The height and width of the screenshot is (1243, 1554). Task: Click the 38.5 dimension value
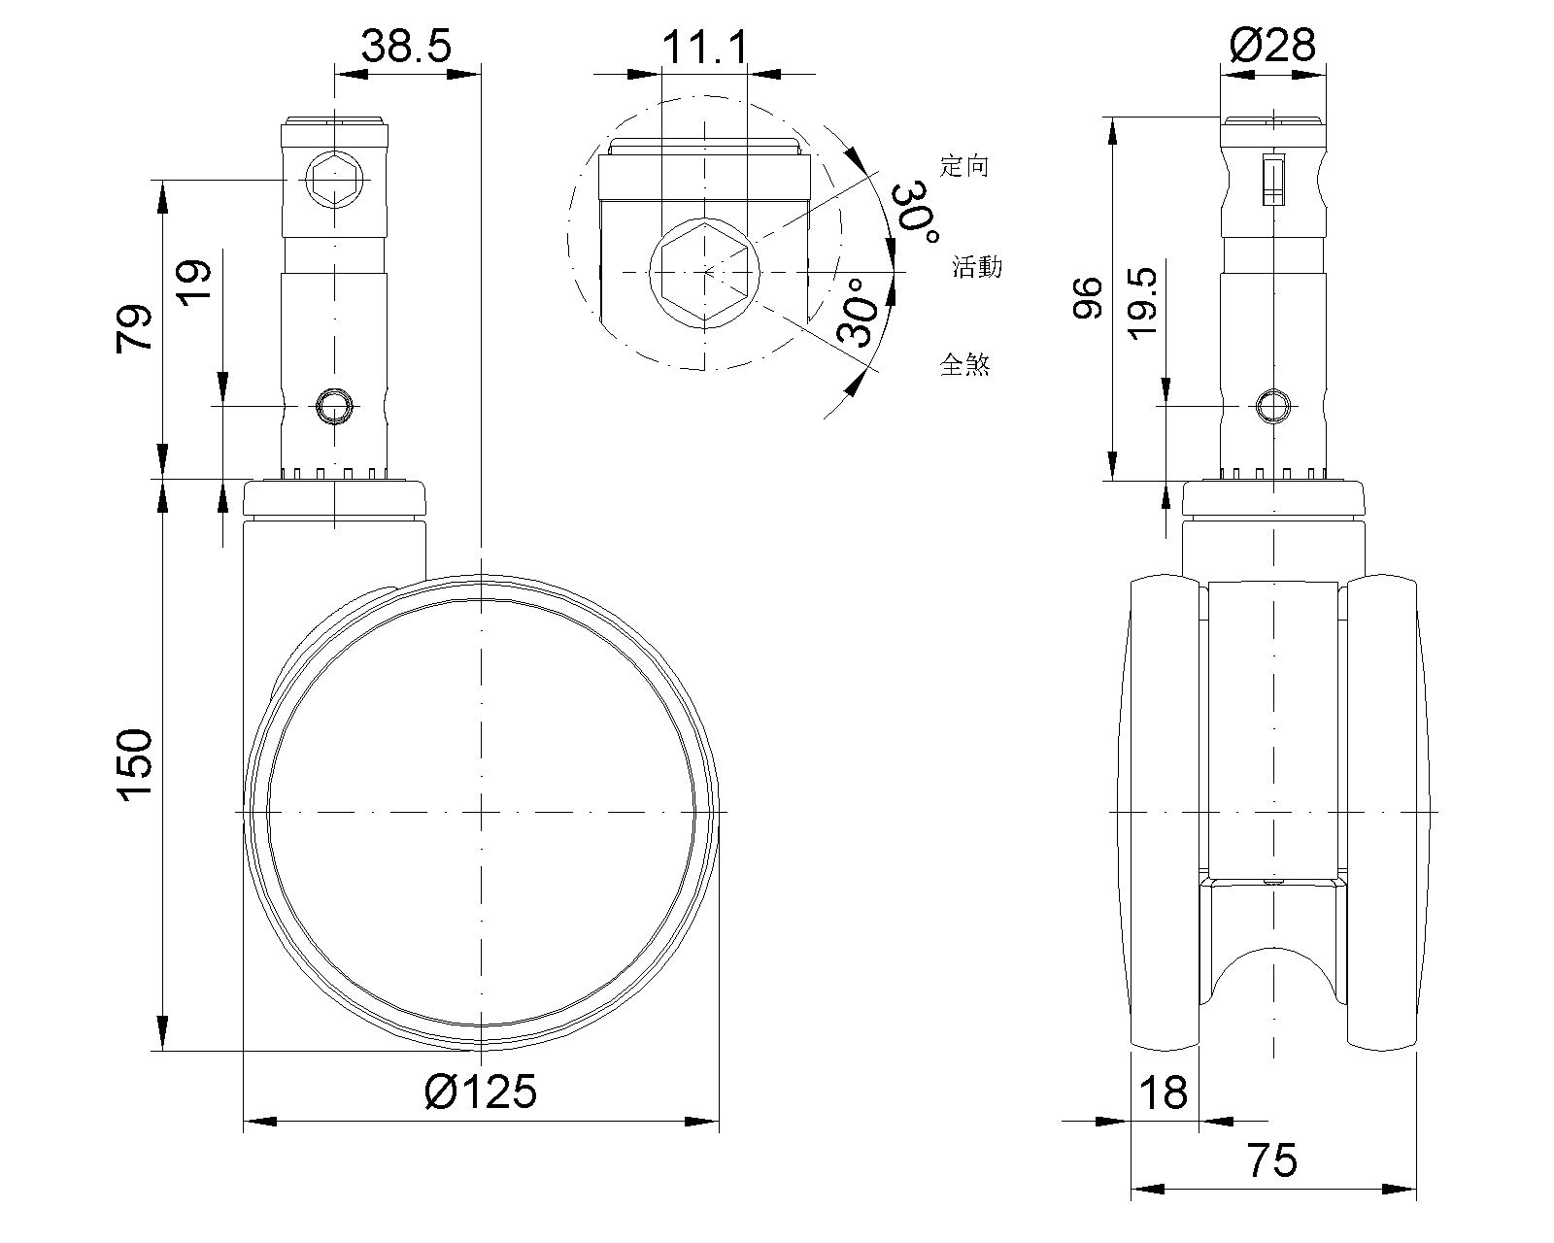coord(406,46)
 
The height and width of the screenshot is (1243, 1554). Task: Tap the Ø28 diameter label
coord(1271,45)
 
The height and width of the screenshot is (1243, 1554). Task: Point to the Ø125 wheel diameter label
coord(481,1092)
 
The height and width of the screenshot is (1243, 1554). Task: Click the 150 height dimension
coord(135,765)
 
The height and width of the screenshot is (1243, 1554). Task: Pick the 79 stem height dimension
coord(135,328)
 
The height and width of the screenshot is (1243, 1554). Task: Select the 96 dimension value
coord(1087,298)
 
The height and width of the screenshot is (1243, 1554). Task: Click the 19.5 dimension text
coord(1143,303)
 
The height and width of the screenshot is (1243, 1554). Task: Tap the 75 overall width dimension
coord(1271,1159)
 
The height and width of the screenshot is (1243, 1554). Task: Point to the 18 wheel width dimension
coord(1163,1092)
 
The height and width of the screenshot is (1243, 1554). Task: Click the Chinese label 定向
coord(964,166)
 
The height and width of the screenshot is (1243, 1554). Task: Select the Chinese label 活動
coord(976,266)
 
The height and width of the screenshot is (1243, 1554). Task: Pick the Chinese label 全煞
coord(964,365)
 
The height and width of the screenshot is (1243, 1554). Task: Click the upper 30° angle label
coord(916,206)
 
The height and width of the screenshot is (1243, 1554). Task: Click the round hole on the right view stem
coord(1273,405)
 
